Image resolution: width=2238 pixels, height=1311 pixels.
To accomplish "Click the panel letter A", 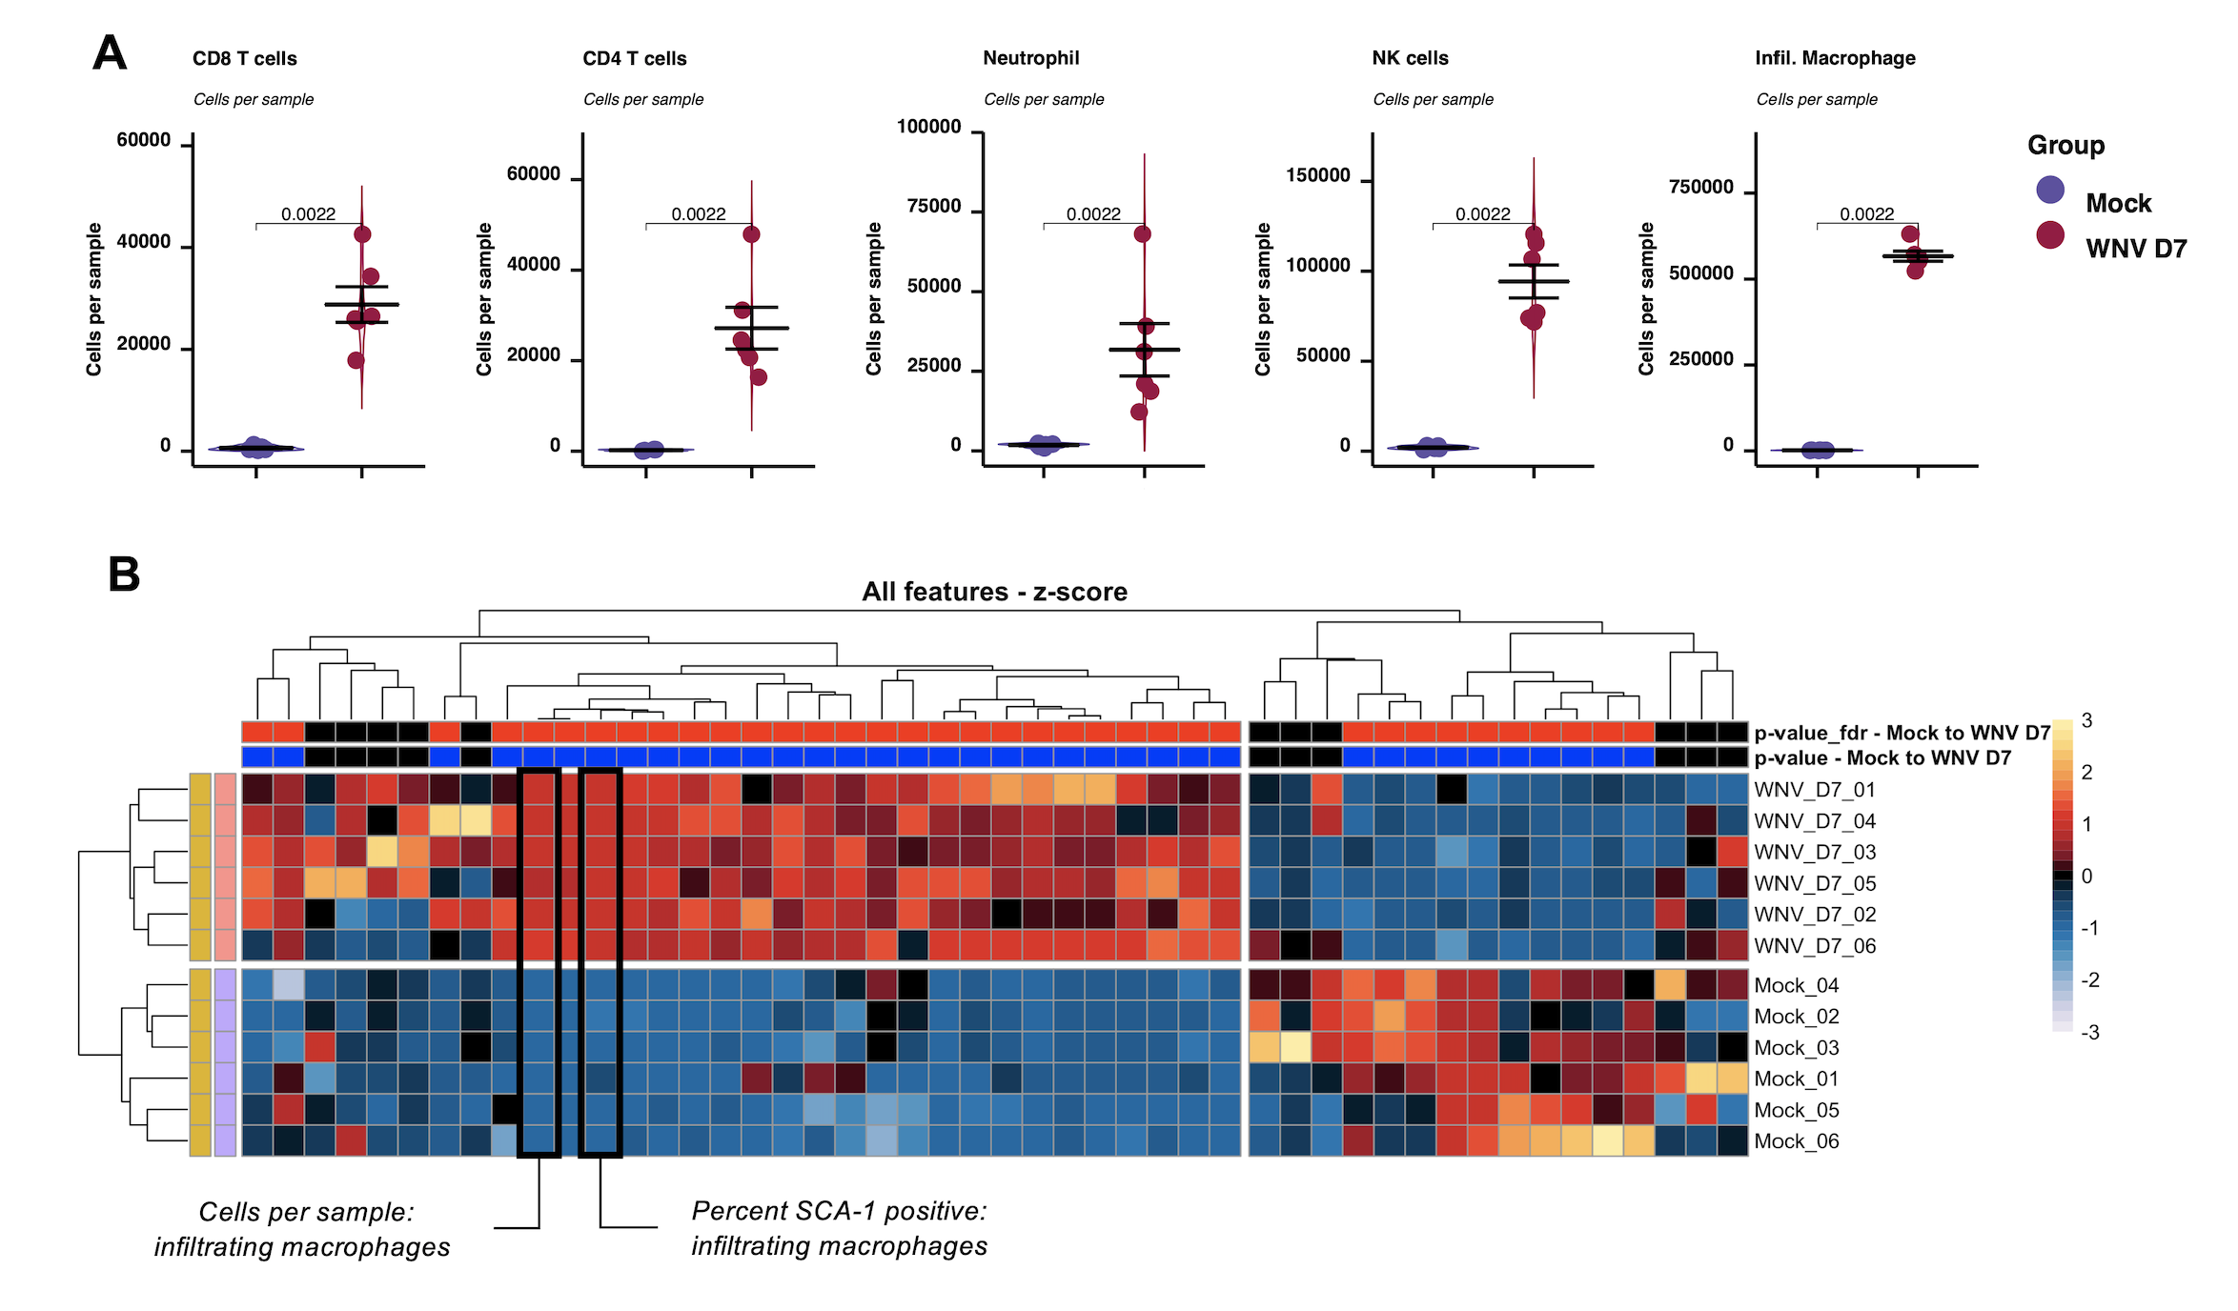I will (x=110, y=53).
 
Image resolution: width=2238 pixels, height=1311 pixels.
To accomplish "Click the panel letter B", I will (x=124, y=575).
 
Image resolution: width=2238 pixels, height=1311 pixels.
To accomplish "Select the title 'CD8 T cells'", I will (x=244, y=58).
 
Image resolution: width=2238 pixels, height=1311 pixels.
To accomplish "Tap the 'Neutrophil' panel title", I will (x=1030, y=58).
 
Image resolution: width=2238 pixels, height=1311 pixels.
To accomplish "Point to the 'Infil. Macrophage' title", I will (x=1835, y=58).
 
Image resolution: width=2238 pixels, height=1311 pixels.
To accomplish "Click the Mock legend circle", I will (x=2050, y=190).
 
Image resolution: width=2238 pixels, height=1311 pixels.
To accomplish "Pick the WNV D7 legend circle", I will (x=2050, y=234).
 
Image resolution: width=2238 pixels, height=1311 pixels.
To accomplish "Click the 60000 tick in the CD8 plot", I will (x=144, y=140).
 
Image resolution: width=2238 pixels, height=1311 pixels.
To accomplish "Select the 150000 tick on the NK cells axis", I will (x=1317, y=175).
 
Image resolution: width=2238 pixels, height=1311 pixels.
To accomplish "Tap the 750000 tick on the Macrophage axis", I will (x=1700, y=188).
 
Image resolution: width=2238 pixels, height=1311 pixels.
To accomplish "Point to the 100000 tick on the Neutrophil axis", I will (x=928, y=127).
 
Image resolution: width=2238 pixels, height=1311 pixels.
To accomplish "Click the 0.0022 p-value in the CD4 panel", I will (x=699, y=214).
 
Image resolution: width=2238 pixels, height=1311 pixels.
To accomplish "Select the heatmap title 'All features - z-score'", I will (x=994, y=592).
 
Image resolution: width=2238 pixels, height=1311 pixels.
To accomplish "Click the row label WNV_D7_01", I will (x=1814, y=790).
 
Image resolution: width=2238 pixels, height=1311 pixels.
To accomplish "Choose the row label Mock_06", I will (x=1796, y=1141).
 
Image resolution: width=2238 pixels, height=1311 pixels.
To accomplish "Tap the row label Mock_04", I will (x=1796, y=985).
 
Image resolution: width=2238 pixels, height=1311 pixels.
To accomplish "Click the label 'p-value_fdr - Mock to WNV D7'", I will (x=1902, y=733).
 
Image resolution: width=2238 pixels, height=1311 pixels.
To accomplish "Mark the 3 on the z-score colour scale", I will (x=2086, y=721).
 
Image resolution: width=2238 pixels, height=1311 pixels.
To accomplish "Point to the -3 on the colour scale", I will (x=2089, y=1033).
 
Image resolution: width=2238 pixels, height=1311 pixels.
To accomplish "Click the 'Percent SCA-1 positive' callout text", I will (x=839, y=1211).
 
